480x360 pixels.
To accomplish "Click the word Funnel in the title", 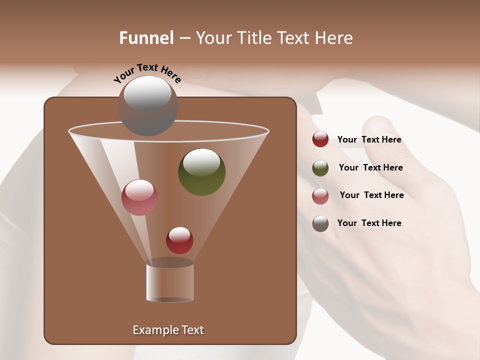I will [x=146, y=38].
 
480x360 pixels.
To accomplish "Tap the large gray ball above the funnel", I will [x=147, y=105].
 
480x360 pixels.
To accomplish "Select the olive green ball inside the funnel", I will [x=201, y=172].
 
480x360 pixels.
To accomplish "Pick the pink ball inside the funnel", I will [x=139, y=197].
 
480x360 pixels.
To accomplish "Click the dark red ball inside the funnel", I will [x=179, y=240].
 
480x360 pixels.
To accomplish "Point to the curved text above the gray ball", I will [x=147, y=73].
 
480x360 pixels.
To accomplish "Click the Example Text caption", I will [x=168, y=330].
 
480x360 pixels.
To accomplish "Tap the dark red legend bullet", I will [x=320, y=139].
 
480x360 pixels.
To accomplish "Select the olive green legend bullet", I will [x=320, y=168].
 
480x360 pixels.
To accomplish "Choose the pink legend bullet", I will [x=320, y=195].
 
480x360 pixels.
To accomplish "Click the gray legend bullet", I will [x=320, y=223].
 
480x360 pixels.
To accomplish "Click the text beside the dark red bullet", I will [x=369, y=140].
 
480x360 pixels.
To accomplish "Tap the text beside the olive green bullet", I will [x=370, y=168].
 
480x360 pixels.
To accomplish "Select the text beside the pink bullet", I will [x=371, y=195].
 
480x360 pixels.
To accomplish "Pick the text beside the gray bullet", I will [x=369, y=223].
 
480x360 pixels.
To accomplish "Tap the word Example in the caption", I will [x=154, y=330].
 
